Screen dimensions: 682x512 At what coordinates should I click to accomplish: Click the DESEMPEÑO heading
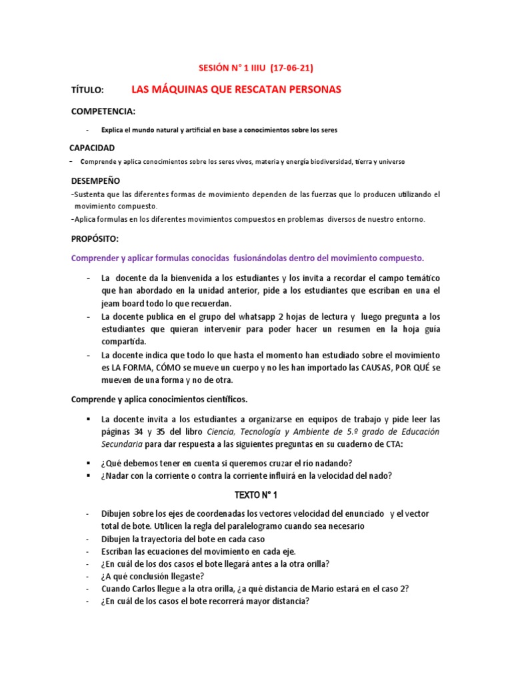coord(96,180)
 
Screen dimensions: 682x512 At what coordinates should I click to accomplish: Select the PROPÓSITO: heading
coord(96,238)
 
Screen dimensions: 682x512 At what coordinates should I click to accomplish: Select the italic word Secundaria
coord(123,444)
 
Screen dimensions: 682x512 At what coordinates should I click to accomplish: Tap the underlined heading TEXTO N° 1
coord(256,496)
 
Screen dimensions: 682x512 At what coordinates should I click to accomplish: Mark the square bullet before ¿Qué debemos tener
coord(87,462)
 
